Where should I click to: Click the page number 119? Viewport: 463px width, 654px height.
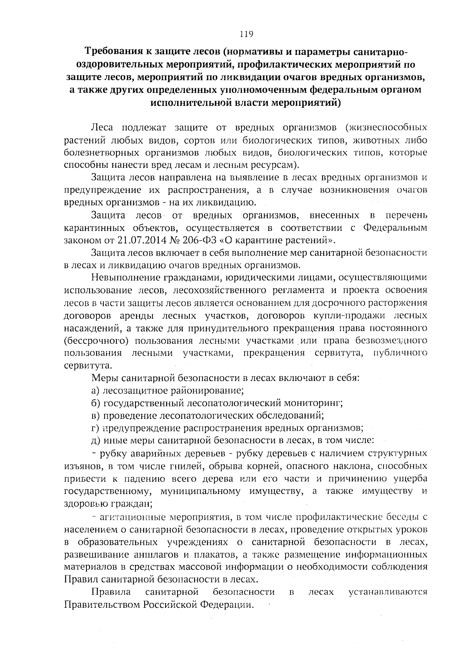coord(246,34)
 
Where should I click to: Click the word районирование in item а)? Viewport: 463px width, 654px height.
coord(210,391)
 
